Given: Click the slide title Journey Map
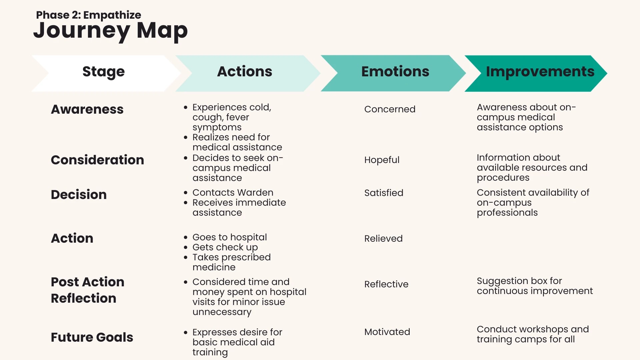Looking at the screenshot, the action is tap(110, 31).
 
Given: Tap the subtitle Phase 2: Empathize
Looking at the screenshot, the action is tap(88, 15).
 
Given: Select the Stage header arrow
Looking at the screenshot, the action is tap(106, 73).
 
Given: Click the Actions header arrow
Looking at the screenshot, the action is tap(248, 73).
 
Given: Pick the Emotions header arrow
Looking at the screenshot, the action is tap(393, 73).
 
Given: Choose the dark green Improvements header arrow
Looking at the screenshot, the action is tap(536, 73).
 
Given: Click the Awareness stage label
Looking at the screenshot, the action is tap(87, 109).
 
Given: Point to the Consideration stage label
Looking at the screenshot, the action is tap(97, 160).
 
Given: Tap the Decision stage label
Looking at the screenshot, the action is tap(79, 195).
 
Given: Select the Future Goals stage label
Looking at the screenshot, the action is tap(92, 337).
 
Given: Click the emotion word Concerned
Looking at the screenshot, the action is tap(390, 109).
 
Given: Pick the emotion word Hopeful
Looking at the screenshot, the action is tap(382, 160).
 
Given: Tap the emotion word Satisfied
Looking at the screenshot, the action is tap(384, 193).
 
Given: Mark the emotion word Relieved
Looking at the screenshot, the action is tap(383, 239).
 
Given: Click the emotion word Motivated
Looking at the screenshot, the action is tap(387, 332).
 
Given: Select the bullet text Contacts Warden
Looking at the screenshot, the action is tap(233, 193).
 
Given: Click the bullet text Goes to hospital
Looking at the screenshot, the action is tap(230, 237).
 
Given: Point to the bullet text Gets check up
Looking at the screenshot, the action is tap(225, 247).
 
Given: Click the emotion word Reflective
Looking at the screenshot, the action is tap(386, 284).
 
